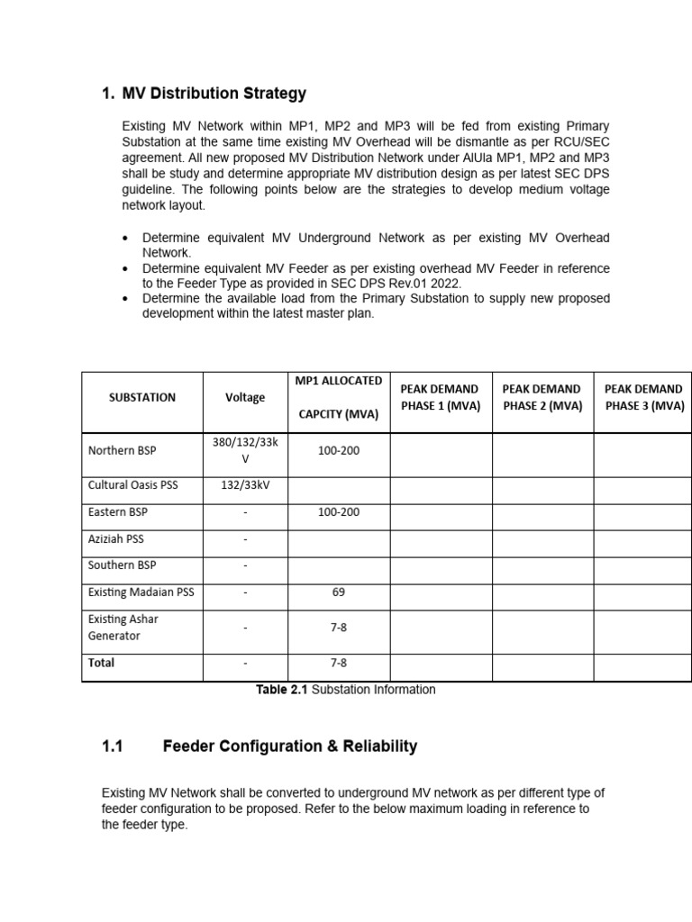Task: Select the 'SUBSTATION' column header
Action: pyautogui.click(x=142, y=397)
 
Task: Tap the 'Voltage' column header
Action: pyautogui.click(x=245, y=397)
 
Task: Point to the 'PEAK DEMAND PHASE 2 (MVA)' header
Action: pyautogui.click(x=542, y=397)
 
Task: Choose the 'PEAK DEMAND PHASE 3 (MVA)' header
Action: pyautogui.click(x=644, y=397)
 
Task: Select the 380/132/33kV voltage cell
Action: pyautogui.click(x=245, y=450)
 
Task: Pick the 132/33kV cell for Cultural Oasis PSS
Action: pyautogui.click(x=245, y=485)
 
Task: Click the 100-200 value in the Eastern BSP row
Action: pyautogui.click(x=338, y=512)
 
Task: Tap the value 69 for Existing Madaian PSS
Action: pyautogui.click(x=338, y=592)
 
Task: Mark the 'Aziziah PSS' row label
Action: pyautogui.click(x=116, y=539)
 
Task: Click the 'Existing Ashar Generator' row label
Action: pyautogui.click(x=123, y=628)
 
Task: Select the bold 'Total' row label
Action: pyautogui.click(x=102, y=663)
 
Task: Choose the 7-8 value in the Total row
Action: pyautogui.click(x=338, y=663)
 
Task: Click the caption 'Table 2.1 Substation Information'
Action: pyautogui.click(x=345, y=690)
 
